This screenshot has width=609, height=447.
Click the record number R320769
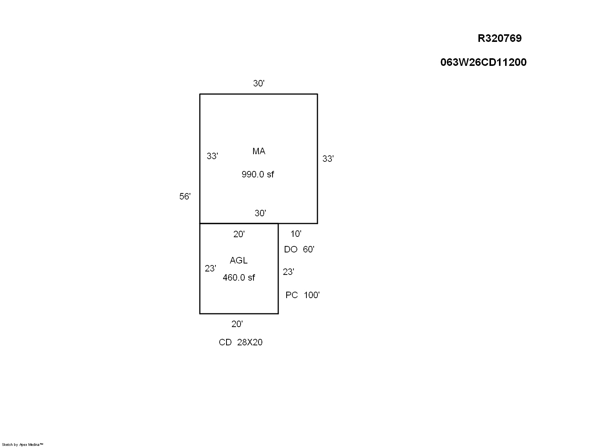click(x=499, y=38)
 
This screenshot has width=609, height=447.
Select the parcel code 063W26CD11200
click(x=483, y=62)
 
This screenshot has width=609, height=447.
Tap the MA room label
click(x=258, y=151)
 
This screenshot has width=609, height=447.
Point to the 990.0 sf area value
click(x=258, y=174)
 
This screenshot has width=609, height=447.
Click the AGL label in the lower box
click(x=238, y=260)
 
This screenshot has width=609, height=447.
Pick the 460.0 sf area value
click(x=239, y=278)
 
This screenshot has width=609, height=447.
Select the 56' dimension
click(x=185, y=196)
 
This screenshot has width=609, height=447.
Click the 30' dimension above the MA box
click(x=258, y=83)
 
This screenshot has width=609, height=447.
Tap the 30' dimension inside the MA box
click(x=260, y=213)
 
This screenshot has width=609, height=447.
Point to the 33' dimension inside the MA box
click(x=212, y=156)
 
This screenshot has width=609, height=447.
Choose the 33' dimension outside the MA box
click(x=328, y=159)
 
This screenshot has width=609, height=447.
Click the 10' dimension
click(x=296, y=234)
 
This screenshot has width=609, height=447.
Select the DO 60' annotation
click(x=299, y=249)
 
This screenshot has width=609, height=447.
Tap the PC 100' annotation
click(x=302, y=295)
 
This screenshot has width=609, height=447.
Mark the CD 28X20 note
click(x=241, y=342)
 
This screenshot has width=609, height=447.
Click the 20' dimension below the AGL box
click(x=237, y=324)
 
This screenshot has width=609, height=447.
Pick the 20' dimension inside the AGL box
click(x=239, y=234)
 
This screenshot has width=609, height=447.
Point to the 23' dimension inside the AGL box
click(x=210, y=269)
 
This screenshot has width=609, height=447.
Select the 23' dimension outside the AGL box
click(x=288, y=272)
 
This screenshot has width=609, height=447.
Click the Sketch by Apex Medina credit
click(x=22, y=445)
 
